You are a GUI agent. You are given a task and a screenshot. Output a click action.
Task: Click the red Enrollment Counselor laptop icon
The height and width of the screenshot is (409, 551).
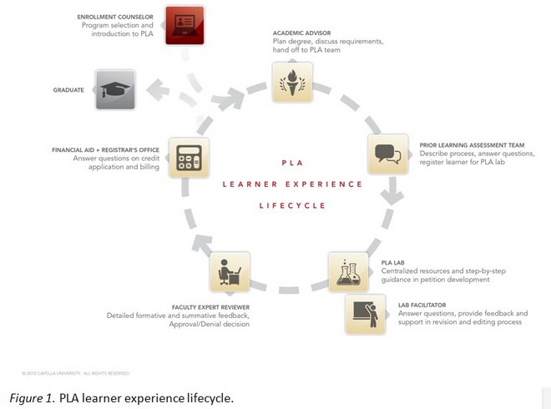185,23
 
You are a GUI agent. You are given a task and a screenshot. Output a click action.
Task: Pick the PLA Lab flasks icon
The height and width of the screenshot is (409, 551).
349,272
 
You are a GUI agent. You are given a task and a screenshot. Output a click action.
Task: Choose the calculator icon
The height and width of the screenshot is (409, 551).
188,156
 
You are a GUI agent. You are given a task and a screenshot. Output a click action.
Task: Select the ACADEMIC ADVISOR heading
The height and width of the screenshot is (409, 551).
299,34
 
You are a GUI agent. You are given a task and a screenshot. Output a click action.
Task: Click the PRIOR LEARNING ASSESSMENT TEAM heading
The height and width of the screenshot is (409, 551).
468,144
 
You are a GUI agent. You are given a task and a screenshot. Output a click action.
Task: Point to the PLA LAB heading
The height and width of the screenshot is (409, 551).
392,262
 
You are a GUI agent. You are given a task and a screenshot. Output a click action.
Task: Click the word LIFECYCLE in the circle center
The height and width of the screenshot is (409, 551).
291,205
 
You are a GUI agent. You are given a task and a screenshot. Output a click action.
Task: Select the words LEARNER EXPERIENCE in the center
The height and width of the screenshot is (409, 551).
292,184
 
